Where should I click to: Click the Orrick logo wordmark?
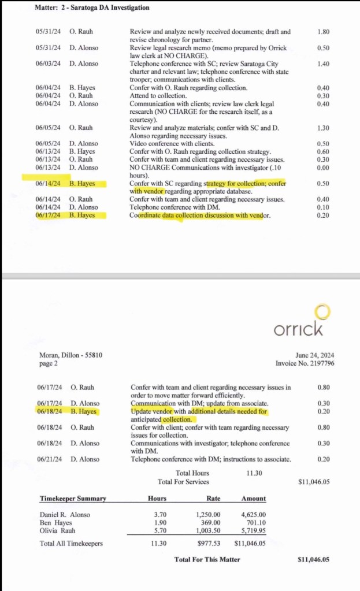click(298, 329)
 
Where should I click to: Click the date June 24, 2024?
click(315, 355)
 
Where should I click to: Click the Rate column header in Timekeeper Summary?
click(213, 499)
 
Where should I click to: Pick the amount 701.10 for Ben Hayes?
click(254, 522)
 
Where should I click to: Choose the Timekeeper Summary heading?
click(73, 499)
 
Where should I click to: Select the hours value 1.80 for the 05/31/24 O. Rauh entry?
click(323, 32)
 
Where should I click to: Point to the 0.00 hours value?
click(323, 168)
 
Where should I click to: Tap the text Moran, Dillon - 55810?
click(71, 355)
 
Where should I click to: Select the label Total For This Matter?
click(207, 559)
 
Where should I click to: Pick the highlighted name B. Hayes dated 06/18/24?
click(83, 412)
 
